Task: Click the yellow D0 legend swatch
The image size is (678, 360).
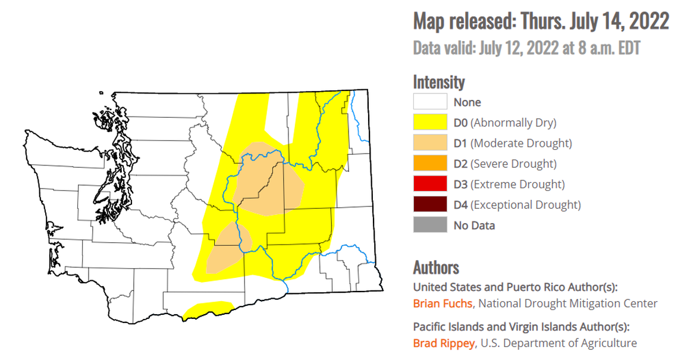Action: click(x=430, y=123)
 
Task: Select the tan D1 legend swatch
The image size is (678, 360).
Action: click(x=430, y=143)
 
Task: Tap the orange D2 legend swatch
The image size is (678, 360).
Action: click(x=430, y=164)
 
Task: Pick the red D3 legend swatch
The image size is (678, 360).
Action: click(x=430, y=184)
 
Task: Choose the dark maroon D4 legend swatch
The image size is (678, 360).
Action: click(x=430, y=205)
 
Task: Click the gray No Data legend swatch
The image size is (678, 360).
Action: click(x=430, y=226)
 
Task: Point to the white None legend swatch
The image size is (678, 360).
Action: click(x=430, y=102)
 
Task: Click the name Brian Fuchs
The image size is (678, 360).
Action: click(x=442, y=303)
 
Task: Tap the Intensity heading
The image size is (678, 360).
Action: click(x=439, y=82)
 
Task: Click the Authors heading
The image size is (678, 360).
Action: click(x=436, y=267)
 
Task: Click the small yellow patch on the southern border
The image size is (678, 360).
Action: click(x=208, y=309)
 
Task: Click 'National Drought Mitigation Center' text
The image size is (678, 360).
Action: click(x=567, y=303)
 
